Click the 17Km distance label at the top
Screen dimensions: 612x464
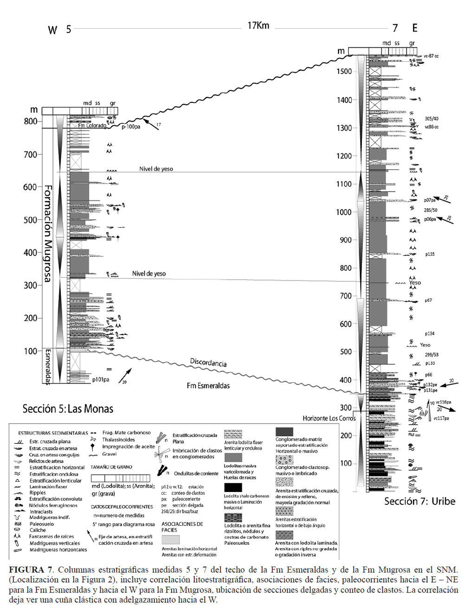[258, 25]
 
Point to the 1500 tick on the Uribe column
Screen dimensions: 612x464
[344, 71]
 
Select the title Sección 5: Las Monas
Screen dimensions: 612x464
[68, 408]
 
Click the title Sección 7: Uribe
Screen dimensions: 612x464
[419, 501]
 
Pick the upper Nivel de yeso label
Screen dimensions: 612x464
[156, 169]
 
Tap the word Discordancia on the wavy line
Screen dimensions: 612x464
[208, 362]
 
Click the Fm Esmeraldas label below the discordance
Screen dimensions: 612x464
[208, 385]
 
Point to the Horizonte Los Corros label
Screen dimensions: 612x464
[329, 418]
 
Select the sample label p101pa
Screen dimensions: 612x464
[101, 379]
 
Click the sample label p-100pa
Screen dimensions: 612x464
[131, 127]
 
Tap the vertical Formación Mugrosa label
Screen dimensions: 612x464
[47, 234]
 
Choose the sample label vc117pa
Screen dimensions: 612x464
[441, 418]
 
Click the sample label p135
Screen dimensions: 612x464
[430, 254]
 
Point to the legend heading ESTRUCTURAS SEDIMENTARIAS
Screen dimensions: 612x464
[53, 433]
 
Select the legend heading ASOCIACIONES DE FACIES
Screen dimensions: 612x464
[182, 527]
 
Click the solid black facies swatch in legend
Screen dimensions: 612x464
[233, 487]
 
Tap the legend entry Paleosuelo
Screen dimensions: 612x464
[42, 524]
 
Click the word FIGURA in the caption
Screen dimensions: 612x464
[27, 570]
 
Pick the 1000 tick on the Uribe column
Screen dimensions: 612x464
[344, 212]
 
